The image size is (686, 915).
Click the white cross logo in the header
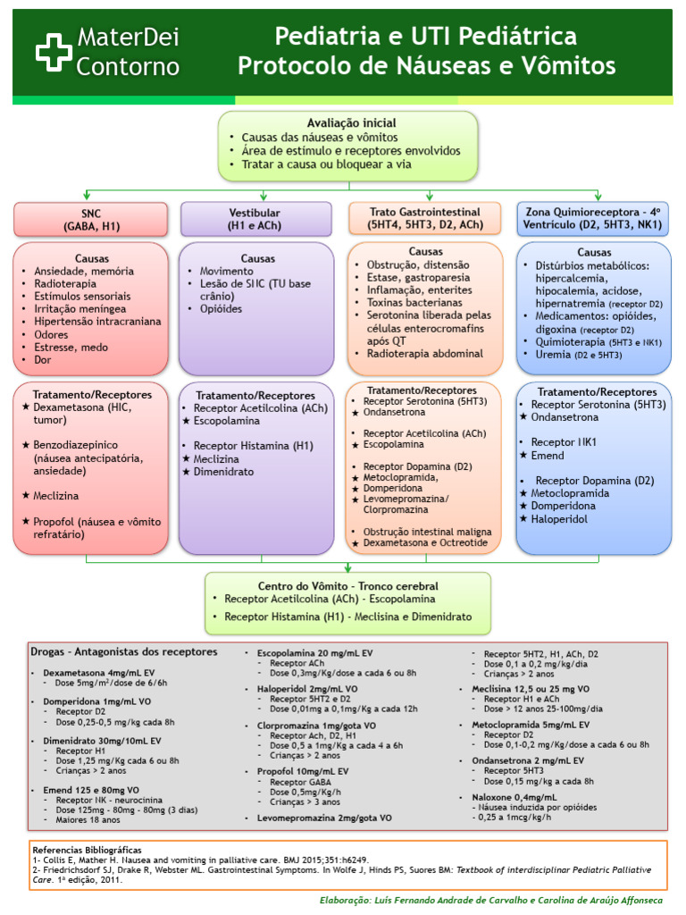click(54, 52)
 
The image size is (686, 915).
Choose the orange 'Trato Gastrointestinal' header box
click(425, 219)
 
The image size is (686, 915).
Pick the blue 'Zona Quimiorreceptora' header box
click(594, 219)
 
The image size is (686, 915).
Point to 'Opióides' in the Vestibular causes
click(221, 308)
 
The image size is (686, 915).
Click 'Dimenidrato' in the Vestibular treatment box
click(223, 471)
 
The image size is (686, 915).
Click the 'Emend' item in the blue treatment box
click(548, 456)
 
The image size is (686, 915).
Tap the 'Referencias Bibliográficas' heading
click(87, 850)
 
